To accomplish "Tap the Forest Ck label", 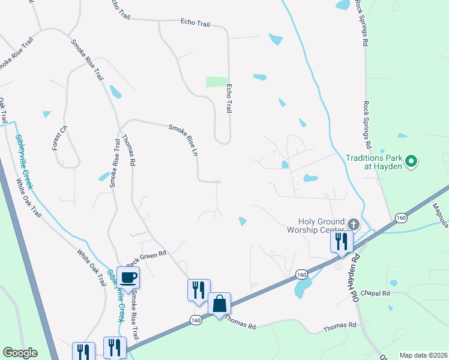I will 57,137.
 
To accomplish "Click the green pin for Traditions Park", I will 411,161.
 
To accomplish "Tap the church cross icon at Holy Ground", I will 353,225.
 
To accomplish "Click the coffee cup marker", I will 128,277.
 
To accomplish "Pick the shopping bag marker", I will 220,303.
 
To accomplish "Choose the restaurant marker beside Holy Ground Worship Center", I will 341,241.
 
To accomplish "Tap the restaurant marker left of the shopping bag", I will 199,290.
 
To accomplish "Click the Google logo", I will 20,353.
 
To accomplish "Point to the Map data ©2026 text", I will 423,355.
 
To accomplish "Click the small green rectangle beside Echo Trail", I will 217,82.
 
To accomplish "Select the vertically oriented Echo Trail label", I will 229,98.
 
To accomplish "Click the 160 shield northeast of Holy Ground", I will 401,217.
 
